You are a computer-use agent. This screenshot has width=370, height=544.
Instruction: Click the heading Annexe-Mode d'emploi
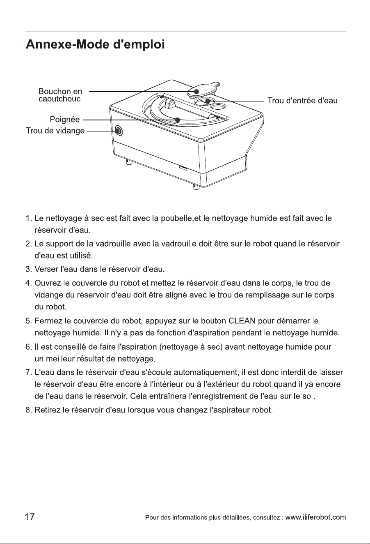click(x=95, y=45)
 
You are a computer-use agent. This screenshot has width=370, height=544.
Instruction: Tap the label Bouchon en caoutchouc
click(x=60, y=95)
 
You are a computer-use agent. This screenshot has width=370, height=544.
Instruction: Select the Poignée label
click(x=65, y=120)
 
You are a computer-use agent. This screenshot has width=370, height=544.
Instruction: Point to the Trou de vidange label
click(x=55, y=131)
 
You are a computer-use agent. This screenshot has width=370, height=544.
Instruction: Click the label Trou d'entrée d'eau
click(x=302, y=101)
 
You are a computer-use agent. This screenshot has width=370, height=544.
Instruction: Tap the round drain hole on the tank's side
click(x=119, y=131)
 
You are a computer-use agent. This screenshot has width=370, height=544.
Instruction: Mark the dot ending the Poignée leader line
click(x=178, y=120)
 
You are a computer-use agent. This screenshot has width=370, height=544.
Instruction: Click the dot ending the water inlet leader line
click(x=208, y=101)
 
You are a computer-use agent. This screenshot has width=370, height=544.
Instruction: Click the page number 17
click(x=30, y=516)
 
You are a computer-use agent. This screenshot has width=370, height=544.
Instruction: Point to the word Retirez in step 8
click(x=48, y=410)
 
